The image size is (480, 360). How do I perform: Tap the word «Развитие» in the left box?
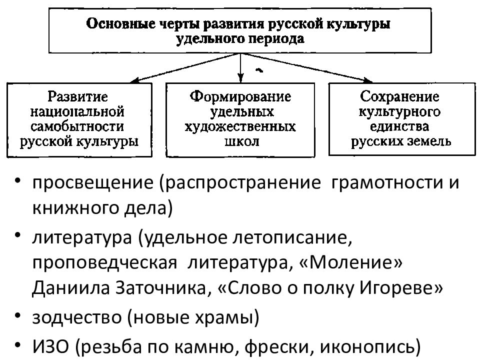tap(78, 96)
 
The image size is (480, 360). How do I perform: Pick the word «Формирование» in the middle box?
tap(240, 96)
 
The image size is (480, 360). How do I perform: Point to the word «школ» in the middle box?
tap(242, 141)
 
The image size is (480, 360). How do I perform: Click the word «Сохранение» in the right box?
tap(399, 96)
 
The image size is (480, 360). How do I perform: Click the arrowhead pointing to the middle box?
tap(240, 78)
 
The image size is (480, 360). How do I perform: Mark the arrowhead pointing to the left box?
tap(134, 81)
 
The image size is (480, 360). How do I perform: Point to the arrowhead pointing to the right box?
tap(368, 80)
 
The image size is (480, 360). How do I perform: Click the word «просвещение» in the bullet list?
tap(93, 183)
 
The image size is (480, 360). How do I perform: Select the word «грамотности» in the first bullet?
tap(387, 183)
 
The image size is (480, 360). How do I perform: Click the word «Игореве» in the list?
tap(401, 288)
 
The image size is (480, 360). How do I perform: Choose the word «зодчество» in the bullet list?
tap(77, 317)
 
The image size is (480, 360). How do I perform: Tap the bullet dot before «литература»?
tap(18, 235)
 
